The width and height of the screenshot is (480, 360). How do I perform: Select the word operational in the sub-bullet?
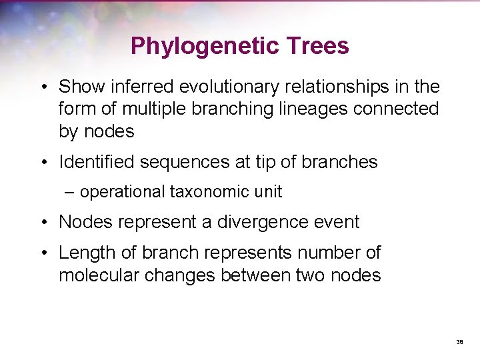tap(123, 192)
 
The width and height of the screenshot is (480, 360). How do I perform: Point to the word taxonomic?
tap(210, 192)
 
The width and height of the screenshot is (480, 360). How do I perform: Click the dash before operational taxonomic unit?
tap(70, 192)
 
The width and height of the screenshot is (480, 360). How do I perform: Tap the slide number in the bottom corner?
tap(459, 341)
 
